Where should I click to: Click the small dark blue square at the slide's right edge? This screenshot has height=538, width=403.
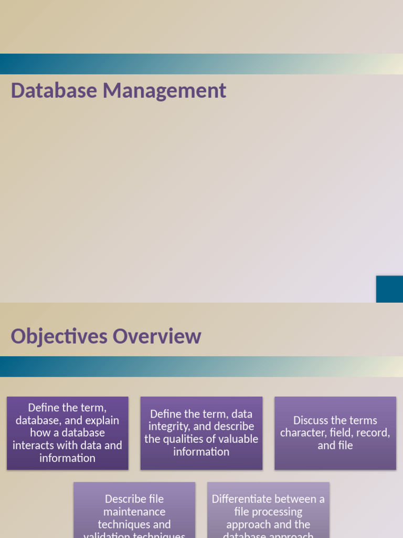(389, 289)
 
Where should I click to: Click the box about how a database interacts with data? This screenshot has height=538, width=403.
(68, 433)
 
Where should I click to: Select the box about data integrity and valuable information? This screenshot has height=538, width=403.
(201, 433)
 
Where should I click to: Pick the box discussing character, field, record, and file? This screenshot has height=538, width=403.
(335, 433)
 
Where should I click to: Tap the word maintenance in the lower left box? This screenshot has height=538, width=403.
(134, 512)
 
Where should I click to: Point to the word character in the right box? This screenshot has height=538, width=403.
(301, 433)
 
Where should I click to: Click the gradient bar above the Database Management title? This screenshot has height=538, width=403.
(201, 64)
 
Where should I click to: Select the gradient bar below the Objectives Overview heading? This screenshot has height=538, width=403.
(201, 366)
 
